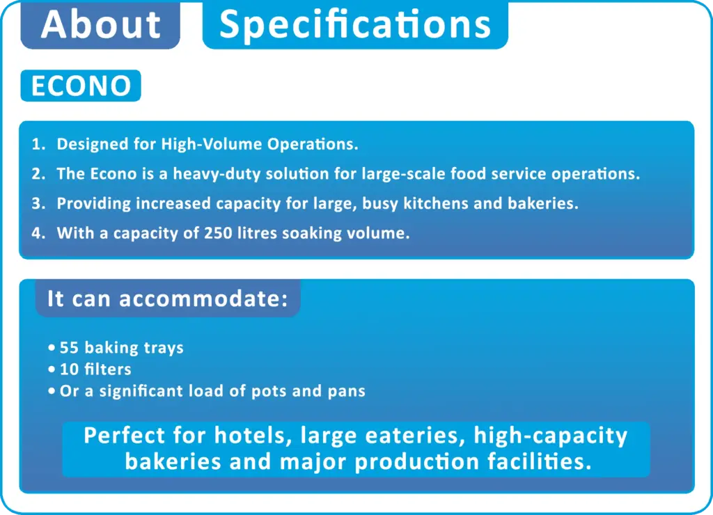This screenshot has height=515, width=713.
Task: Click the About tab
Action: pos(100,24)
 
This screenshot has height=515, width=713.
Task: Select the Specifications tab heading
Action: pos(355,24)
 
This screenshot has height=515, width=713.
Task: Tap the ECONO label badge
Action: pos(81,86)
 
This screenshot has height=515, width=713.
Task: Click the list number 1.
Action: pos(38,144)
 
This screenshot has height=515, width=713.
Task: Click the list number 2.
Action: pos(38,173)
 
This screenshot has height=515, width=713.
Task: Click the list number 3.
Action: pos(38,203)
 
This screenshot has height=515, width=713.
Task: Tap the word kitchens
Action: pos(435,203)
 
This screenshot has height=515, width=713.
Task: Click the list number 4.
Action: pos(38,233)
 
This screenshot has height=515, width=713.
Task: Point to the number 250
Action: pos(217,233)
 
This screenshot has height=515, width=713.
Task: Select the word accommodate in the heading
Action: pos(203,299)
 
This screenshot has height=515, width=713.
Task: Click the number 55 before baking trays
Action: pos(69,348)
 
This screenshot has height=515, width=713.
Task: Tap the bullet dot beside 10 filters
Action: pos(52,369)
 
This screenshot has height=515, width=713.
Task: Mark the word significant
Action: pos(141,391)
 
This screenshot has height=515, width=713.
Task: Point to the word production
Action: pos(417,462)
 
